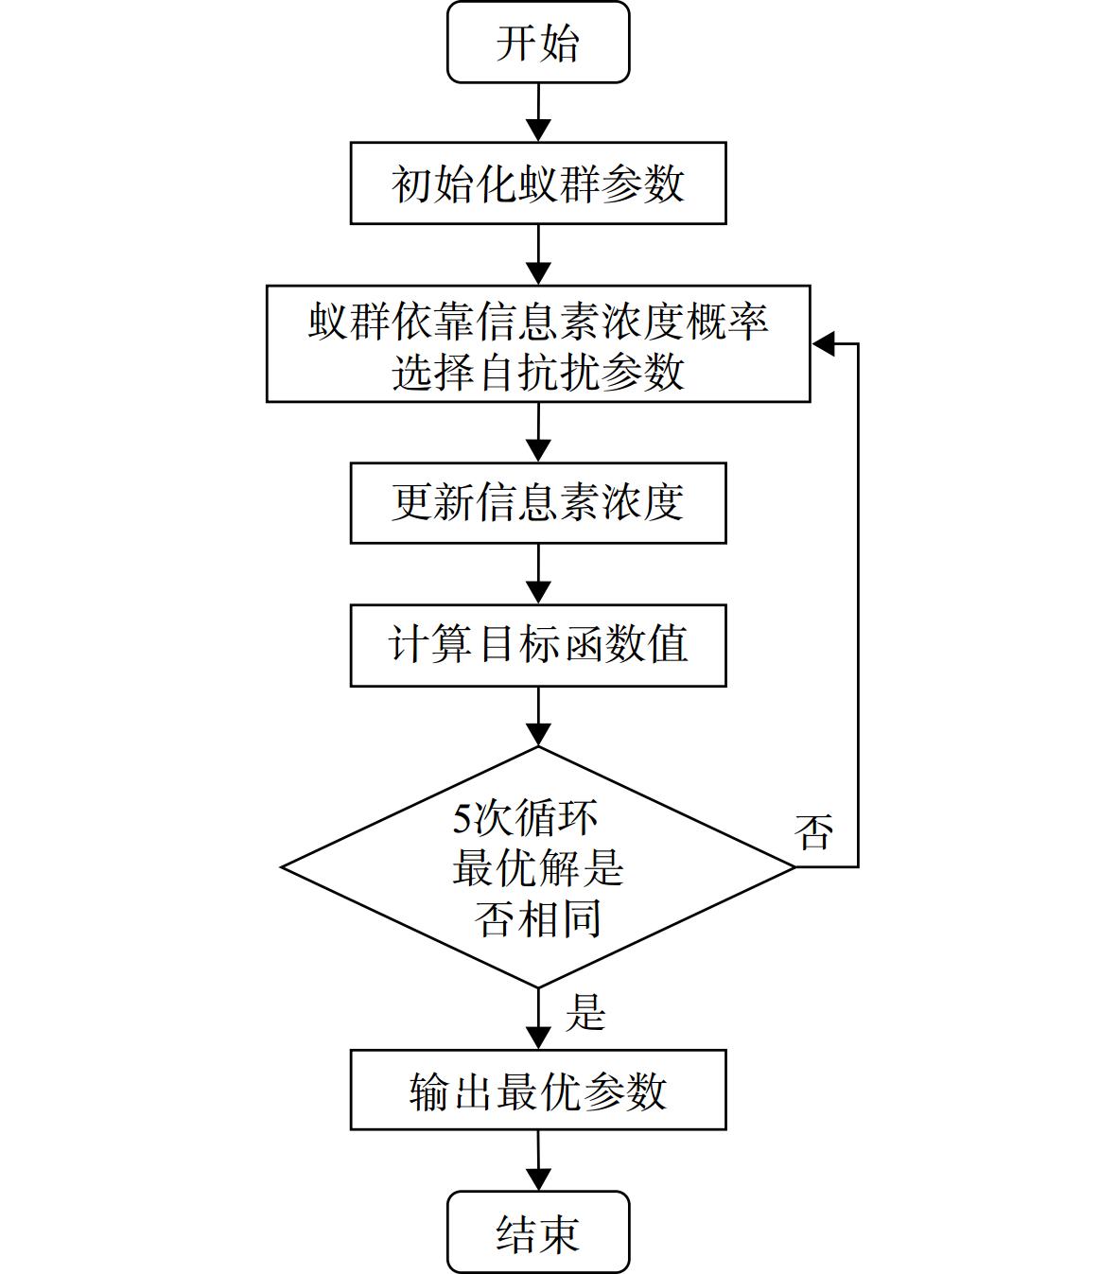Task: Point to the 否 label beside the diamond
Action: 813,833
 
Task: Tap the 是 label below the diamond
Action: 585,1012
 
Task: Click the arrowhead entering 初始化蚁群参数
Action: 538,131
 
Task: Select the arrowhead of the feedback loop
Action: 823,344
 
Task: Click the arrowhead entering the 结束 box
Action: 538,1179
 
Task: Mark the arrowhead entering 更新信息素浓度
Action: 538,451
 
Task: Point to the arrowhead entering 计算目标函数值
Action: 538,593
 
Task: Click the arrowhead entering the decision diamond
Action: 538,735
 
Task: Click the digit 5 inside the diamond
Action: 462,819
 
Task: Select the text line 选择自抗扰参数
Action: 538,372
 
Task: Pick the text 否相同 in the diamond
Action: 538,918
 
